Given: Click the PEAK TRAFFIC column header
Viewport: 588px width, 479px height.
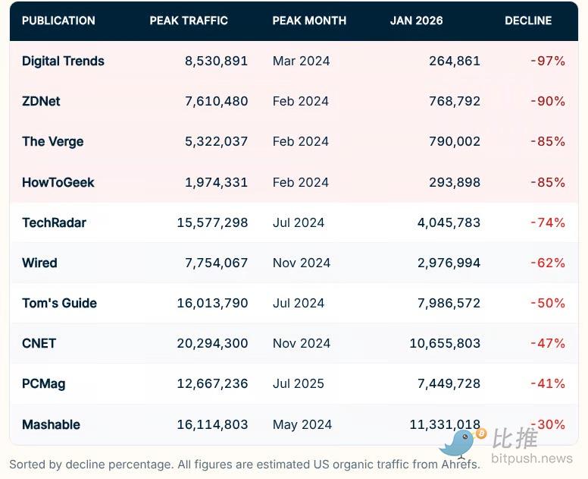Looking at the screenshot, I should [x=189, y=20].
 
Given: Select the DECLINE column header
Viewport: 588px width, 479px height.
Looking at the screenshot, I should [x=528, y=20].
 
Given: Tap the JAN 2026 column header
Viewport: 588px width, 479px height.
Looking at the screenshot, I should [x=416, y=20].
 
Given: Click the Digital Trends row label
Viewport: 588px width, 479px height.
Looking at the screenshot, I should [x=63, y=61].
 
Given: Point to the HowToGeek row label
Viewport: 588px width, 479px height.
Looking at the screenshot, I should [x=58, y=182].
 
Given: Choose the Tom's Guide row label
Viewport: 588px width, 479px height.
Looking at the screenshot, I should [x=59, y=303].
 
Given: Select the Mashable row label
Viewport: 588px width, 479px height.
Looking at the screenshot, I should [x=51, y=424].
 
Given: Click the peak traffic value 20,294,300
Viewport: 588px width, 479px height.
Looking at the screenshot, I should [x=212, y=343].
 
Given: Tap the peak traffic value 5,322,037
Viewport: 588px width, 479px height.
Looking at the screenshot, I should [x=216, y=141].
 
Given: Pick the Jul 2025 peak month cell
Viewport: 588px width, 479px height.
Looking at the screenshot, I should [x=301, y=383].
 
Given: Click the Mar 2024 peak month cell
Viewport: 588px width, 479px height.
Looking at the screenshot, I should [x=301, y=61].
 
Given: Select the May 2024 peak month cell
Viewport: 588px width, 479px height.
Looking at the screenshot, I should [x=302, y=424].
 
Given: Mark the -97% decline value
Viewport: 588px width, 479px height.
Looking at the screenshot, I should [x=548, y=61].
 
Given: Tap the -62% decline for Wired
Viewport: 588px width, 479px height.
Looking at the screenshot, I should [x=548, y=263].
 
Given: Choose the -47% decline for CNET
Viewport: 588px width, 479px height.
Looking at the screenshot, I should [x=548, y=343].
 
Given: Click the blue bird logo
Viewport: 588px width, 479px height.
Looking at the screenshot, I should [x=460, y=443].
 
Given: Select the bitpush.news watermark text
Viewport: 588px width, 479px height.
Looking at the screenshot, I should [x=531, y=459].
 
